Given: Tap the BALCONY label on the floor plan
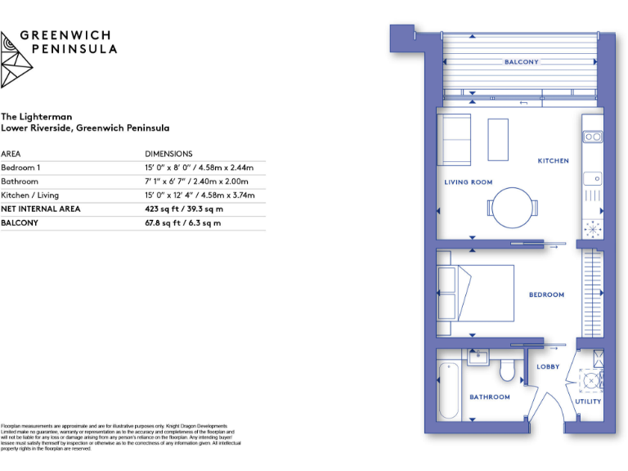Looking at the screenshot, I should coord(521,62).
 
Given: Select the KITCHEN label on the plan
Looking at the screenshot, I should coord(553,161).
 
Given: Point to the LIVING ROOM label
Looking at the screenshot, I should coord(468,182).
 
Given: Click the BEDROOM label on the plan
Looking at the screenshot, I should coord(546,295).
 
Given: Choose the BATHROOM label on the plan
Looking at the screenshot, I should coord(489,397).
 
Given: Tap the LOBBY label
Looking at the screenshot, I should coord(548,367).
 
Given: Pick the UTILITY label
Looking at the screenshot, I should coord(588,401).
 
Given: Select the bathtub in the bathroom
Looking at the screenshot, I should coord(449,390).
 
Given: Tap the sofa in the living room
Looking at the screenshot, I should coord(453,140).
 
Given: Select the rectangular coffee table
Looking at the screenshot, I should coord(498,139).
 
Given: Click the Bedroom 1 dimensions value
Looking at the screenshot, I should coord(199,168).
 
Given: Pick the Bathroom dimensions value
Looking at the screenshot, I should coord(196,182).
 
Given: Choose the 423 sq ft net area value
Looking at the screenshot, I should coord(184,209).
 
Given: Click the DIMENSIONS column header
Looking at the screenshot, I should coord(168,154).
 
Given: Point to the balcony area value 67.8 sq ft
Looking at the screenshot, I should coord(182,223).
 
